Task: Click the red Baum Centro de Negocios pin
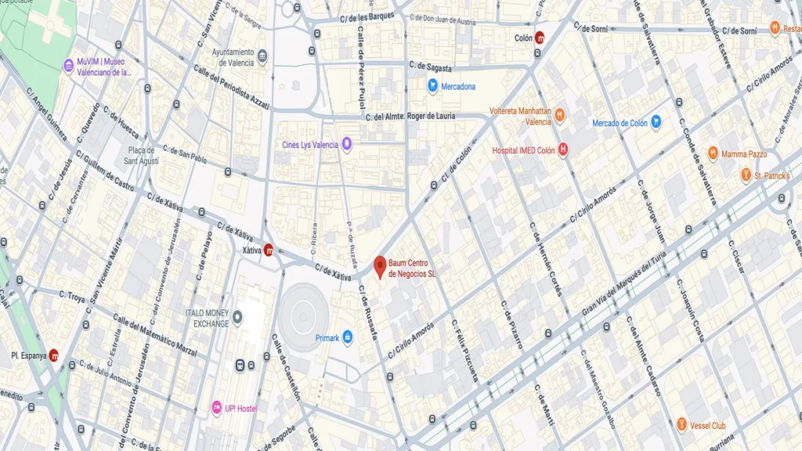380,266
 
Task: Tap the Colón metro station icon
540,37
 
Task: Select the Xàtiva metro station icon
269,250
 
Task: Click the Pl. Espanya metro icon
54,355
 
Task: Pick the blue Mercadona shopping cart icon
432,86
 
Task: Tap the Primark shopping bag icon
348,337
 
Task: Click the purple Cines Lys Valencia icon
347,144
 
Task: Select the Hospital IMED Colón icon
562,150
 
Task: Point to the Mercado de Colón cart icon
656,122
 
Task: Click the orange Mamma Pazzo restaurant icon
713,153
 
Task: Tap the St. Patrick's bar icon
746,175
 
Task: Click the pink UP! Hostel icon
217,407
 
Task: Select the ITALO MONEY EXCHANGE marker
238,317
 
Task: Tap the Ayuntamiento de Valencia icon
262,56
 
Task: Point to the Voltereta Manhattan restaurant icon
559,116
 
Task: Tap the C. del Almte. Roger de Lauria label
421,117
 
